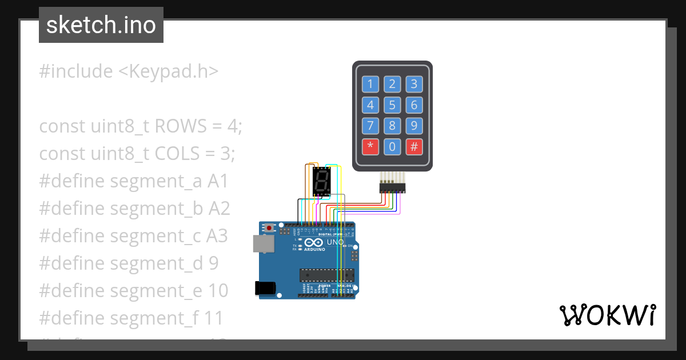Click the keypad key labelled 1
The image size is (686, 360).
tap(370, 85)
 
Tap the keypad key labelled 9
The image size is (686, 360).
tap(414, 126)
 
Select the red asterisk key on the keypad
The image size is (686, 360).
tap(370, 146)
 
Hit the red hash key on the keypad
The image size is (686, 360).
tap(414, 146)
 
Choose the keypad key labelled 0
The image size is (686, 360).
tap(392, 146)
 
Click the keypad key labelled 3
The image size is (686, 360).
tap(414, 85)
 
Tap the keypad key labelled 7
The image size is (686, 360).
tap(370, 126)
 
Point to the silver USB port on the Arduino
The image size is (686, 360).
tap(263, 244)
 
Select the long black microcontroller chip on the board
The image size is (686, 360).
tap(326, 274)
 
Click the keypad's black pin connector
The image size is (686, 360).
tap(392, 187)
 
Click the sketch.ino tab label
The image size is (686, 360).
tap(101, 25)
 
